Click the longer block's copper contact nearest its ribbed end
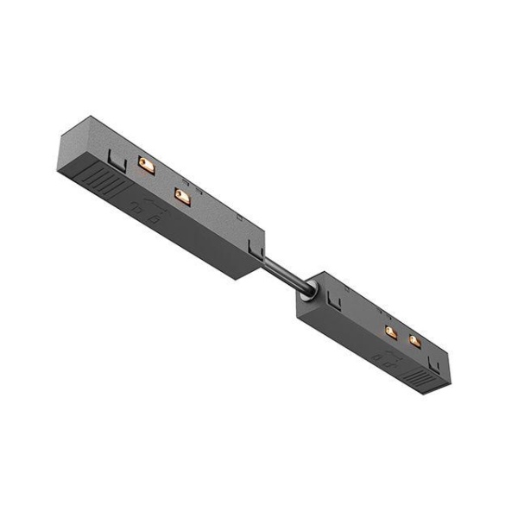147,165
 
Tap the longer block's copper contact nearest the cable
181,196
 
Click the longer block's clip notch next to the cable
254,250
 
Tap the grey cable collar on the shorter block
306,293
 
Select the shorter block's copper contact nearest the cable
391,332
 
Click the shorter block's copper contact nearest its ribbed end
414,341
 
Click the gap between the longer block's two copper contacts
164,180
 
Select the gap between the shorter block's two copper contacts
403,337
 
